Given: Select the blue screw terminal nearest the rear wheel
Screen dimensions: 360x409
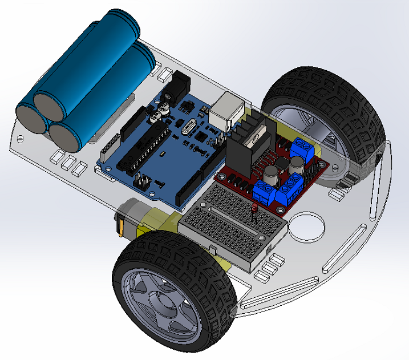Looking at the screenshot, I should pyautogui.click(x=302, y=149).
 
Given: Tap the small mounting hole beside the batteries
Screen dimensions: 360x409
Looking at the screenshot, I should pyautogui.click(x=21, y=138).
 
